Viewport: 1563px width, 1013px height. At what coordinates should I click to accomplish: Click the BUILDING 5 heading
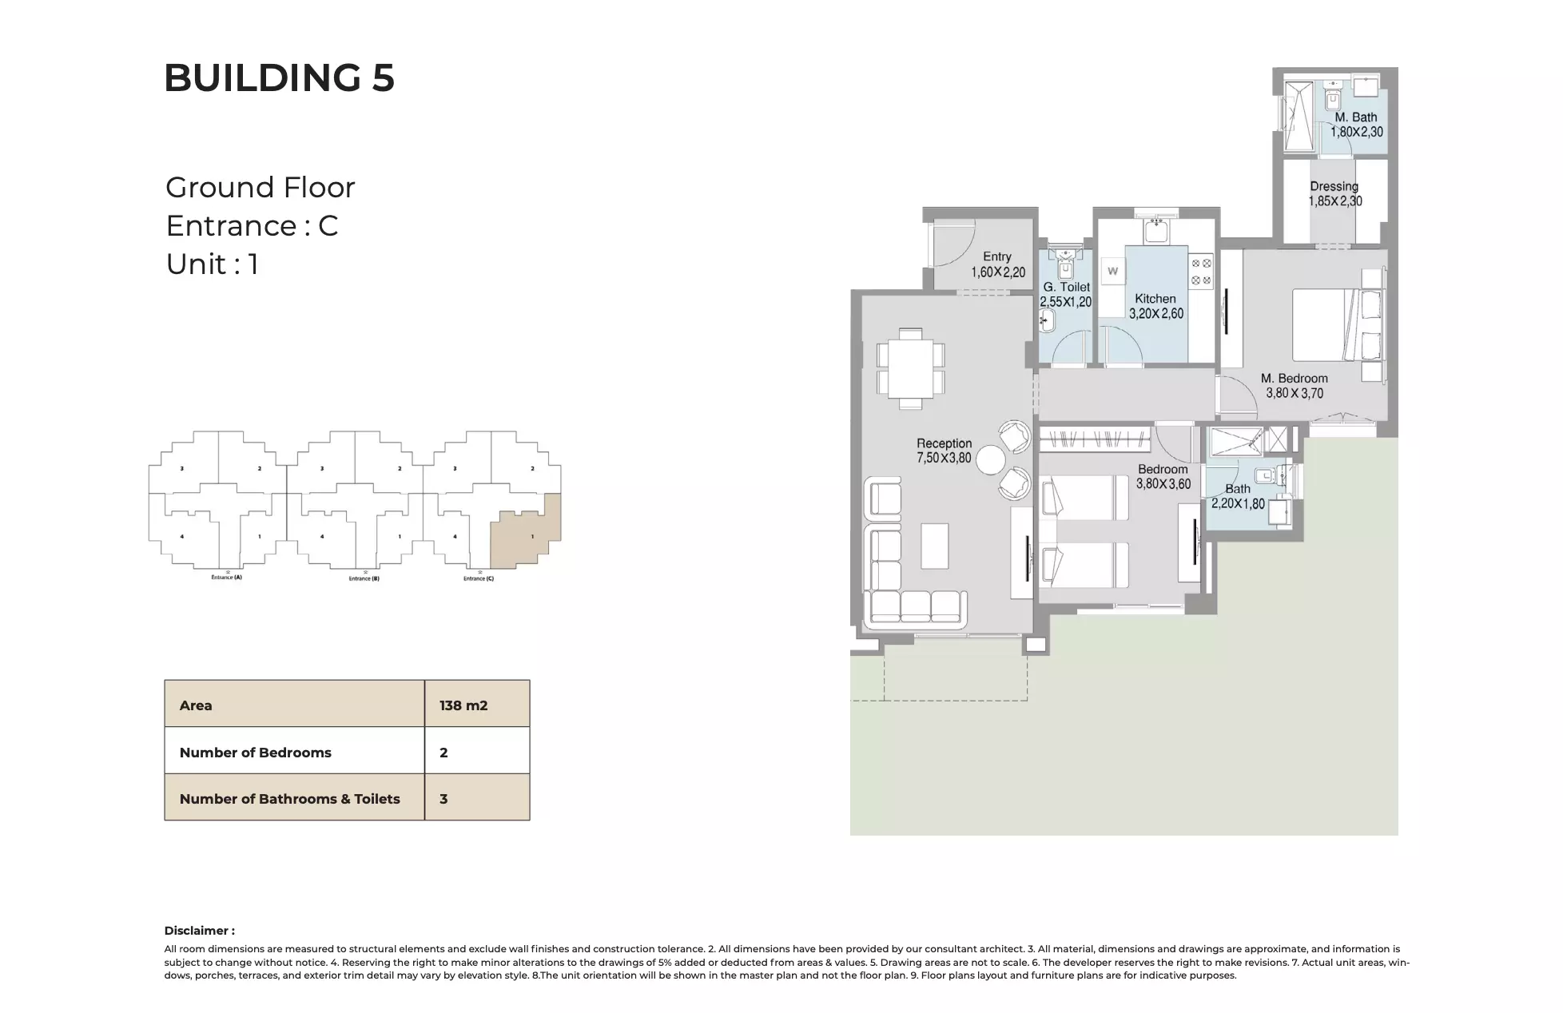click(279, 78)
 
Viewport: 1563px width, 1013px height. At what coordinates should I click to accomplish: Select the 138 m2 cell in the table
click(463, 705)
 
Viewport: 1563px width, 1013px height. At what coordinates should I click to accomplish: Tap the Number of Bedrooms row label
click(255, 753)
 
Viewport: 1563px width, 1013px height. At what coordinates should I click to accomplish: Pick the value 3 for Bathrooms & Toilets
click(443, 799)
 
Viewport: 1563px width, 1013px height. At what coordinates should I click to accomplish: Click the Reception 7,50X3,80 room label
click(944, 451)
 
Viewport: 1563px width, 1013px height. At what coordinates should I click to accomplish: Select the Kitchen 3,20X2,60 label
click(1155, 306)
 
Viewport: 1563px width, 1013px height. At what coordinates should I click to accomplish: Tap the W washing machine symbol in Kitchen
click(1112, 272)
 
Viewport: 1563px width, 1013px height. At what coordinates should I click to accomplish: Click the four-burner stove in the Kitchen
click(1201, 272)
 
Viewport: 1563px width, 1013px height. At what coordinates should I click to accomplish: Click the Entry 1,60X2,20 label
click(997, 264)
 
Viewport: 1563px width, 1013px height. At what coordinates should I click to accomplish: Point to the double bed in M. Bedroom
click(1330, 325)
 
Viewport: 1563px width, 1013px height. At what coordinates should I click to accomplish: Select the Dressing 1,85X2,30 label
click(1334, 194)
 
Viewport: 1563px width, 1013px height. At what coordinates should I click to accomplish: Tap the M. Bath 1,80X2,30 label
click(1356, 125)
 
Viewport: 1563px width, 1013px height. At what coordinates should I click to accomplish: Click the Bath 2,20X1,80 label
click(1238, 496)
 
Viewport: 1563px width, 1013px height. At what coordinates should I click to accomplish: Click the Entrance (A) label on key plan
click(226, 577)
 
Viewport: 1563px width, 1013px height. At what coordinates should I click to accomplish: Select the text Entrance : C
click(252, 226)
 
